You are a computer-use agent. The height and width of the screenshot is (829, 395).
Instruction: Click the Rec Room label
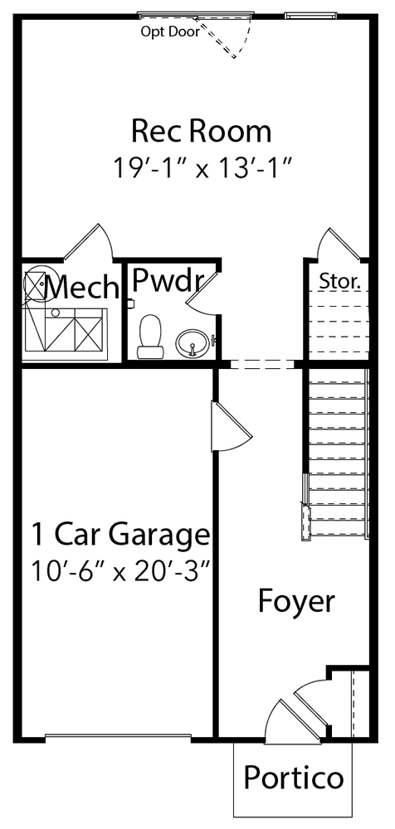[201, 131]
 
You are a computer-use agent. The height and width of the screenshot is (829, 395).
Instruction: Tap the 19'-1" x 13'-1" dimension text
[202, 168]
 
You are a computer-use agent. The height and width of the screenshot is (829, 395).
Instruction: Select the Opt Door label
[170, 32]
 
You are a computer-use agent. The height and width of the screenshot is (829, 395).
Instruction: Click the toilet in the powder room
[150, 337]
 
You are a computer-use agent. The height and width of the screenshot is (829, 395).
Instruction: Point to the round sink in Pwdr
[193, 343]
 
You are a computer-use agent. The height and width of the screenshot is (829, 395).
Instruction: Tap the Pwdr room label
[168, 279]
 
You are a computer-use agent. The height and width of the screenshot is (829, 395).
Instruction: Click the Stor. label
[340, 282]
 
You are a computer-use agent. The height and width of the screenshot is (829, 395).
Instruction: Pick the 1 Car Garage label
[120, 535]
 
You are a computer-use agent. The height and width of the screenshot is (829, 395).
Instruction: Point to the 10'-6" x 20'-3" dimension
[121, 571]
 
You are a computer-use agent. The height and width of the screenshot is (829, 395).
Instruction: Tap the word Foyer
[296, 601]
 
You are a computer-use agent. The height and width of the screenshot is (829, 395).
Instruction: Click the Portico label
[293, 778]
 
